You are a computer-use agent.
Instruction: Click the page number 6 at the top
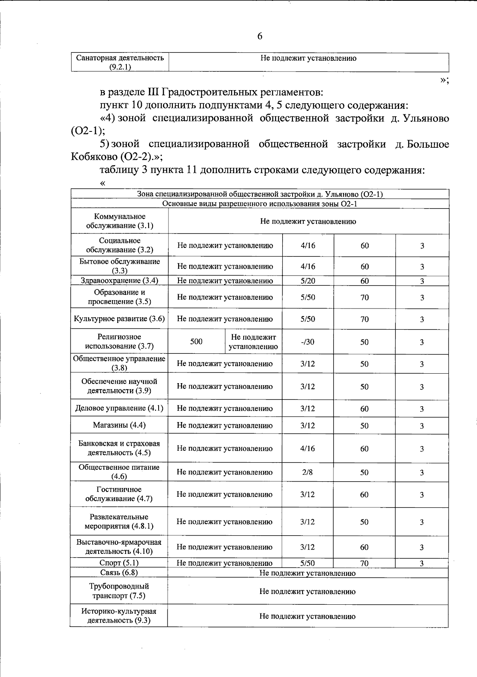pyautogui.click(x=260, y=36)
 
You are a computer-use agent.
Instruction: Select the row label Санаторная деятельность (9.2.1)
pyautogui.click(x=120, y=62)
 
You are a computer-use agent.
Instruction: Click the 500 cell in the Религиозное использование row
pyautogui.click(x=196, y=341)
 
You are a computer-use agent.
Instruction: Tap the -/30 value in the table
pyautogui.click(x=308, y=342)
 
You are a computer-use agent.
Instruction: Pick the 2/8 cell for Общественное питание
pyautogui.click(x=307, y=472)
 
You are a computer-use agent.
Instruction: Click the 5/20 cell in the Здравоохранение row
pyautogui.click(x=308, y=281)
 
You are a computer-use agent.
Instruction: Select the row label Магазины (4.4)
pyautogui.click(x=119, y=425)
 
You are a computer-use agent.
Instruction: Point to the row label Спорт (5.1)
pyautogui.click(x=119, y=563)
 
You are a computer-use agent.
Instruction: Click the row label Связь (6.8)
pyautogui.click(x=119, y=573)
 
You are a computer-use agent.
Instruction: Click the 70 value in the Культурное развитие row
pyautogui.click(x=365, y=319)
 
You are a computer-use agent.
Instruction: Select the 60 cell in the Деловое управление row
pyautogui.click(x=365, y=409)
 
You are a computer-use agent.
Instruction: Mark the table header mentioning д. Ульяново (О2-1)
pyautogui.click(x=260, y=194)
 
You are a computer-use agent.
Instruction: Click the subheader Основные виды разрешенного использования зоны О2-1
pyautogui.click(x=260, y=204)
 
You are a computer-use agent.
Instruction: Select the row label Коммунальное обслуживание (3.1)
pyautogui.click(x=120, y=221)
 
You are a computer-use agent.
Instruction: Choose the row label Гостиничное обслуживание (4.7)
pyautogui.click(x=119, y=494)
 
